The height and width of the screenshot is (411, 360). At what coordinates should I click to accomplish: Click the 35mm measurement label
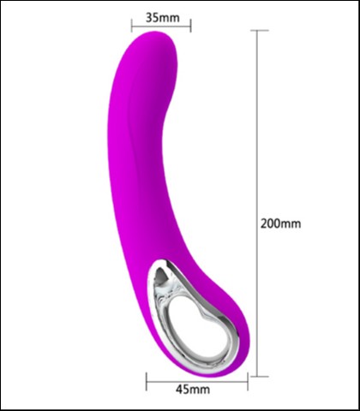point(162,16)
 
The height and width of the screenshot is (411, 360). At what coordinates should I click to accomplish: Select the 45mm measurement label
point(193,390)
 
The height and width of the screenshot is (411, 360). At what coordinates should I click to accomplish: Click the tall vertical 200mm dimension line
point(258,128)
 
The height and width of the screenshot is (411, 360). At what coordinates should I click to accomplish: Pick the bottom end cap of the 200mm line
point(258,374)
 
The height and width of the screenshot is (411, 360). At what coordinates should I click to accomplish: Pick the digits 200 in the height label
point(272,224)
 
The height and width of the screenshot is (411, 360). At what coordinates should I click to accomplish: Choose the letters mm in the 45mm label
point(201,390)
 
